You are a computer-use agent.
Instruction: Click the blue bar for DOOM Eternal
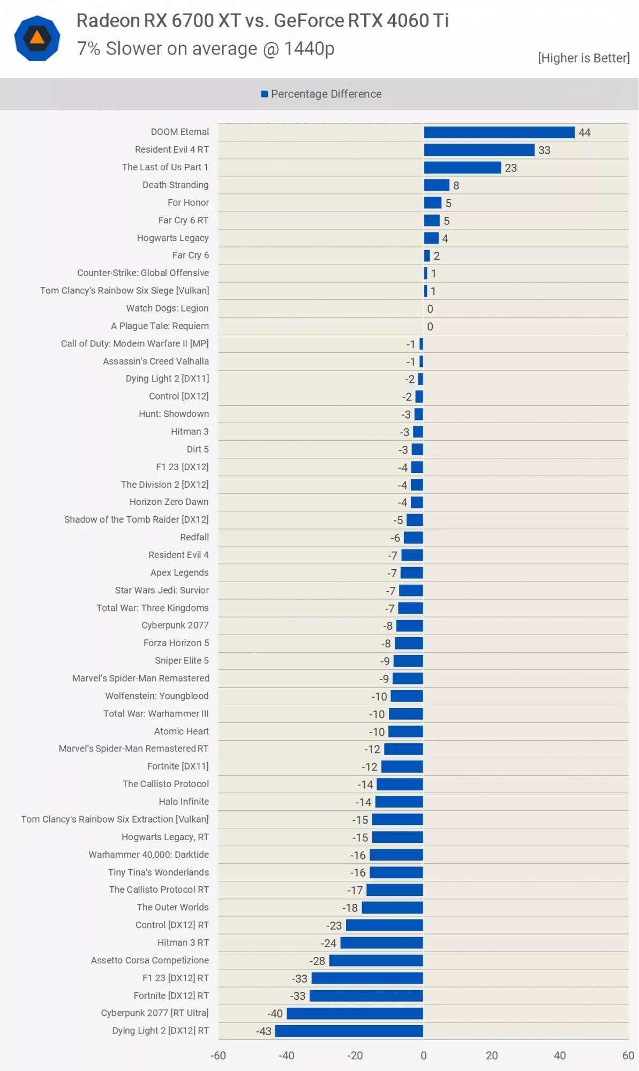(x=499, y=132)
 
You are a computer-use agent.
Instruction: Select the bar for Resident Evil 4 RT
(x=479, y=150)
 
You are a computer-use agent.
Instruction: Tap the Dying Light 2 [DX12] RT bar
(x=349, y=1031)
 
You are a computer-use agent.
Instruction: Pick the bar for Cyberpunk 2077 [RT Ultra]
(x=355, y=1013)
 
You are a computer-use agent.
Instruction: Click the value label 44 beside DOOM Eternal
(x=584, y=132)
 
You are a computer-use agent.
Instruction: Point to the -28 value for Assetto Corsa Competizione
(x=318, y=961)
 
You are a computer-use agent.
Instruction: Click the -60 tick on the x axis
(x=218, y=1055)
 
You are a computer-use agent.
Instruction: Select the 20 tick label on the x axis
(x=492, y=1055)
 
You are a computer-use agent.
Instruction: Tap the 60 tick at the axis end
(x=628, y=1055)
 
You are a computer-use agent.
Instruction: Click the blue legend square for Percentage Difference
(x=264, y=94)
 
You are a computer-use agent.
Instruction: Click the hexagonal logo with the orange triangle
(x=37, y=38)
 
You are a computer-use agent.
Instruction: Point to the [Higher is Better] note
(x=583, y=58)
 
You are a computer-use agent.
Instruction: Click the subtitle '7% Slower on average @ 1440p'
(x=206, y=49)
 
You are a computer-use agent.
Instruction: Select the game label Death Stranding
(x=175, y=185)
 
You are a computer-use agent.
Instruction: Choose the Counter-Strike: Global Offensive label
(x=143, y=273)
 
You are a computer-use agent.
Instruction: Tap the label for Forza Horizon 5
(x=176, y=643)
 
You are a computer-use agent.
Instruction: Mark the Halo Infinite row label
(x=184, y=801)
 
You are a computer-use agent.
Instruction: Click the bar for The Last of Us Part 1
(x=462, y=168)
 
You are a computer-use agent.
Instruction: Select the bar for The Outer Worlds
(x=392, y=908)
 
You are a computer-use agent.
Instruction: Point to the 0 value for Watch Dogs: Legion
(x=430, y=309)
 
